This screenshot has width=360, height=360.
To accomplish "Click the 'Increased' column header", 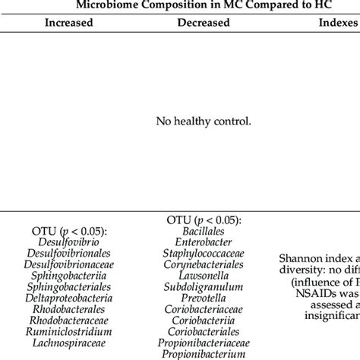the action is coord(69,24).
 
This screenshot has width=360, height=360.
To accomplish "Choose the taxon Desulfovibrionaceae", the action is coord(68,266).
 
